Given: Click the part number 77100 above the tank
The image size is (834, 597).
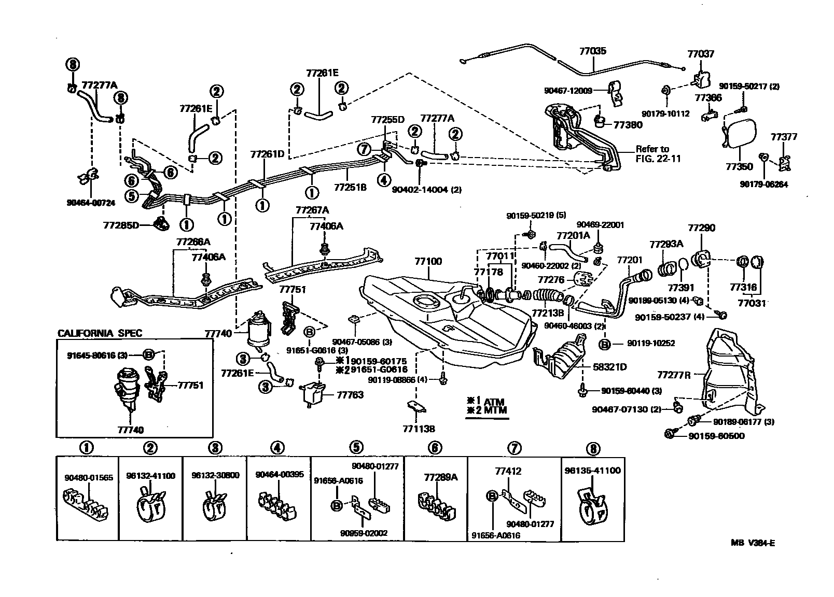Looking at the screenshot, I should click(428, 262).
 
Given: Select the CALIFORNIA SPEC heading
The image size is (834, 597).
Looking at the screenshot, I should click(100, 333).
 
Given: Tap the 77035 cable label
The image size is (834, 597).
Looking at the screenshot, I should click(593, 51).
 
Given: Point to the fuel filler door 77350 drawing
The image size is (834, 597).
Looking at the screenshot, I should click(737, 133).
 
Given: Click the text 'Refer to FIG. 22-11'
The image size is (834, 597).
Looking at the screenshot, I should click(658, 154).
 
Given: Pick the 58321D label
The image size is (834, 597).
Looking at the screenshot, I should click(610, 367).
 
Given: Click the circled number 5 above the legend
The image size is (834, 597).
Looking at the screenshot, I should click(356, 447).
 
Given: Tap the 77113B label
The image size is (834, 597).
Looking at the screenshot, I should click(418, 429).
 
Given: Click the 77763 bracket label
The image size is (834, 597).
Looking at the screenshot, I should click(350, 395).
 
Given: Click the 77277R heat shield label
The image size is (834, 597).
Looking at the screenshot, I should click(674, 375).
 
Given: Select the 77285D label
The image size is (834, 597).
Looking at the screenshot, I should click(121, 225).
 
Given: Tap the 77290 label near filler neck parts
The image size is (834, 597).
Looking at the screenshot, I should click(701, 228).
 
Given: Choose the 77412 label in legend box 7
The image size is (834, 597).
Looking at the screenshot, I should click(508, 472).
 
